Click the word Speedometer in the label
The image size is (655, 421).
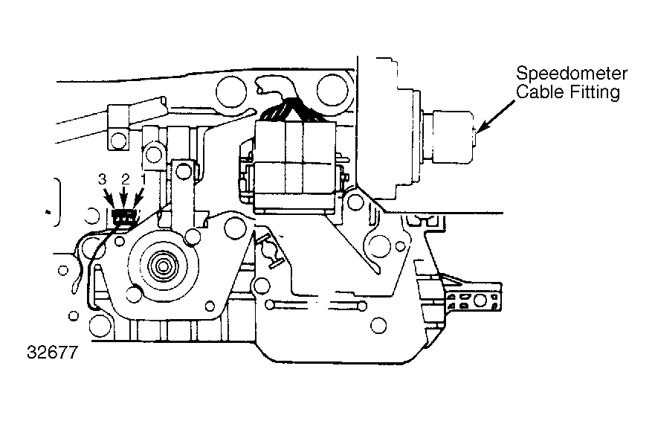pos(572,74)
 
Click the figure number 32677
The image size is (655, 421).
pos(53,353)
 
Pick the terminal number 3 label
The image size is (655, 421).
pos(103,180)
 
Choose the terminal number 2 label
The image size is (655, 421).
pos(126,180)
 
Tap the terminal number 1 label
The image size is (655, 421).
pos(143,180)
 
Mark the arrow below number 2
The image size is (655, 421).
pos(124,197)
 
